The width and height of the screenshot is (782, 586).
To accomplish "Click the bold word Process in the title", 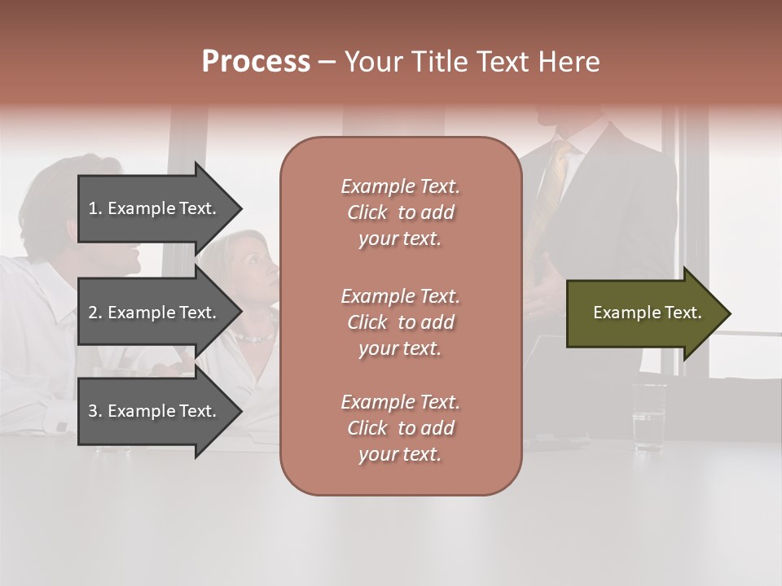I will click(256, 62).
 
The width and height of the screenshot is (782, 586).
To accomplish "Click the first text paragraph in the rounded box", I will click(400, 212).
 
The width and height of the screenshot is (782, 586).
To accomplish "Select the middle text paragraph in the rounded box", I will click(400, 322).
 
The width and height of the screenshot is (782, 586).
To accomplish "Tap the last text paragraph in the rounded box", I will click(400, 428).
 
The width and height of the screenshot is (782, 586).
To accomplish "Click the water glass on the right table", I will click(649, 416).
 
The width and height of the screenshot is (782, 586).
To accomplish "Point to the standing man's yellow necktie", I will click(547, 195).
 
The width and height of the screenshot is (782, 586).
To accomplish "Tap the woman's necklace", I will click(254, 336).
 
